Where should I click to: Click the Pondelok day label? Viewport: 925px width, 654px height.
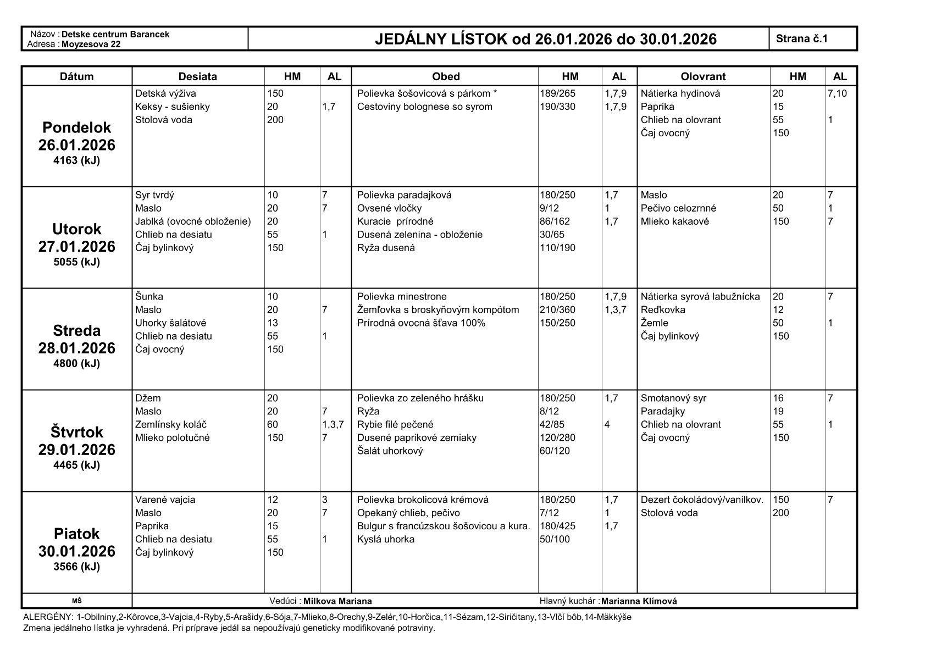pyautogui.click(x=76, y=128)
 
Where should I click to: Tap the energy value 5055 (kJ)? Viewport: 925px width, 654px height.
pyautogui.click(x=76, y=262)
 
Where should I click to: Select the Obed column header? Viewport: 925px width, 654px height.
pyautogui.click(x=445, y=76)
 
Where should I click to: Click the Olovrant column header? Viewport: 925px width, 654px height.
pyautogui.click(x=703, y=76)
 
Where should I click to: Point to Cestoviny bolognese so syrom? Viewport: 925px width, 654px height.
pyautogui.click(x=424, y=107)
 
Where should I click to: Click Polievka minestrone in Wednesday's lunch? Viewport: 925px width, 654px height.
pyautogui.click(x=402, y=297)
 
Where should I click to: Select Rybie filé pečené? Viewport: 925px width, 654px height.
pyautogui.click(x=395, y=424)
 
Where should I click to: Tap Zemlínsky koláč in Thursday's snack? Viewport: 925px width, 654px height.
pyautogui.click(x=171, y=424)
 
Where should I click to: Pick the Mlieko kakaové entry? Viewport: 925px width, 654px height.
pyautogui.click(x=674, y=221)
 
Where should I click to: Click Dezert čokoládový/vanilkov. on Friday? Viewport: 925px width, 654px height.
pyautogui.click(x=702, y=500)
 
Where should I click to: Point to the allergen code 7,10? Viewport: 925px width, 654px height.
pyautogui.click(x=837, y=93)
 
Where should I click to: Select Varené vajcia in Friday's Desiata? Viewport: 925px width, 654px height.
pyautogui.click(x=165, y=500)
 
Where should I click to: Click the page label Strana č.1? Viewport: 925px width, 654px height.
pyautogui.click(x=801, y=38)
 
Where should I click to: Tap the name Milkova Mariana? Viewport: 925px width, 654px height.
pyautogui.click(x=337, y=601)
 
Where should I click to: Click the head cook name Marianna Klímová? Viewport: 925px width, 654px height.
pyautogui.click(x=639, y=601)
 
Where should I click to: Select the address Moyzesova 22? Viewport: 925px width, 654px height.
pyautogui.click(x=91, y=44)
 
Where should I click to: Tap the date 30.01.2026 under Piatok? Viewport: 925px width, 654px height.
pyautogui.click(x=76, y=551)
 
